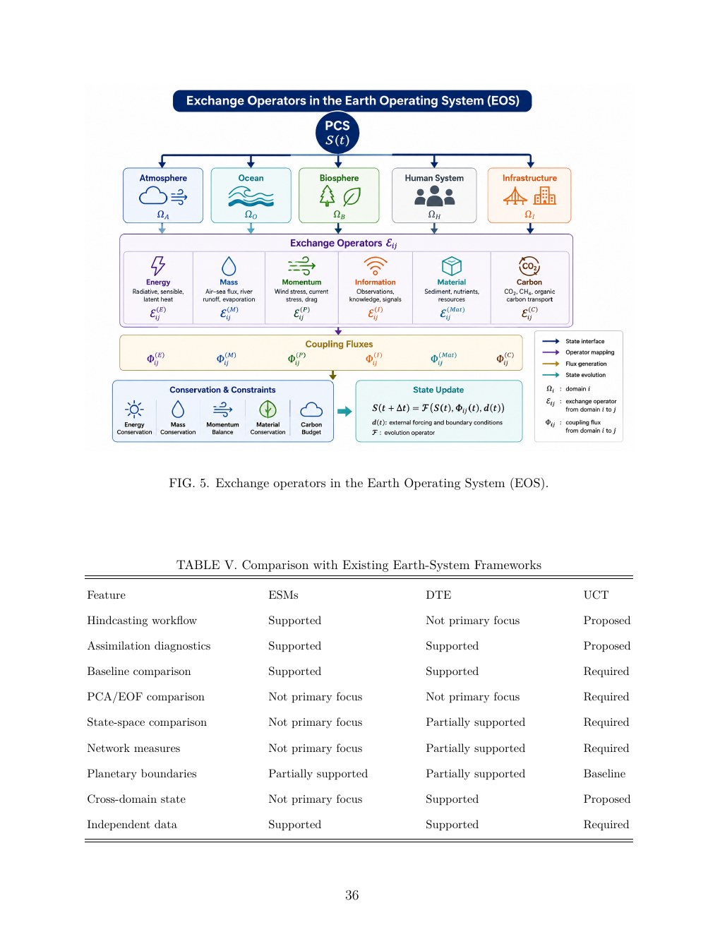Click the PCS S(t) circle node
[337, 133]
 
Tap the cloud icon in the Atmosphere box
[152, 197]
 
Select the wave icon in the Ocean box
[251, 197]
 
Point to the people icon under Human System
[434, 196]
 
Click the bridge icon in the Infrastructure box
[515, 196]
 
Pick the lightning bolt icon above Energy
[158, 265]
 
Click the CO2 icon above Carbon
[529, 266]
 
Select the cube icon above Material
[452, 266]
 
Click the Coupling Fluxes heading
[339, 344]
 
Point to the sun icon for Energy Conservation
[134, 410]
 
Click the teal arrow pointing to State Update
[344, 412]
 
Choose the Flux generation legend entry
[574, 364]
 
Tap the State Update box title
[438, 390]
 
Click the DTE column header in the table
[438, 595]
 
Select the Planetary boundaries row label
[141, 773]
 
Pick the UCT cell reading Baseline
[604, 773]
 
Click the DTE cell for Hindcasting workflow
[472, 621]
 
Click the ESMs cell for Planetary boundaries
[318, 773]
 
